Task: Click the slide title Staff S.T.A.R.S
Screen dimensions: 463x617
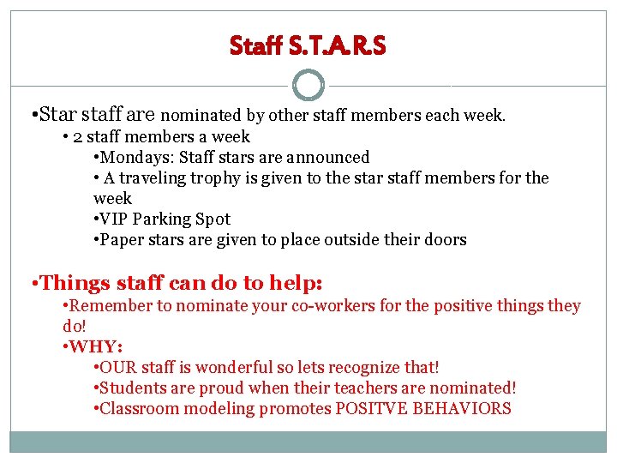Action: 308,45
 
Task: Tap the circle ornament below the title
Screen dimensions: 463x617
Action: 308,86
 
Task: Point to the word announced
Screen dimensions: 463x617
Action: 332,157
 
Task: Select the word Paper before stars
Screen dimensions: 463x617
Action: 123,239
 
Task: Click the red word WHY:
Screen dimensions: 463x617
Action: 96,346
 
